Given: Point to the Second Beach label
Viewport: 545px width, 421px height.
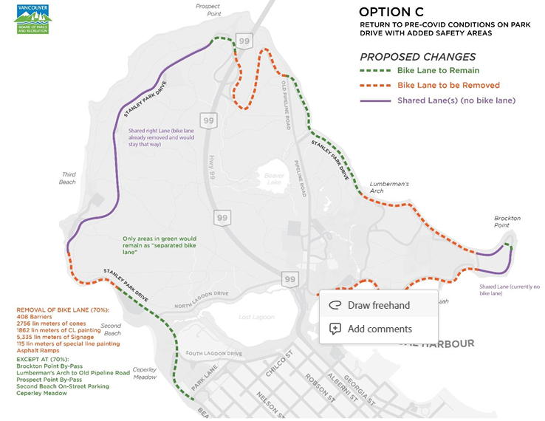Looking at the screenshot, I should click(x=111, y=329).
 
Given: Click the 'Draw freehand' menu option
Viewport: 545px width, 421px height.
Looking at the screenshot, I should click(x=378, y=305).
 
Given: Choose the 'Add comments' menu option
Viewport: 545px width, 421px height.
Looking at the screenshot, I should click(x=379, y=329).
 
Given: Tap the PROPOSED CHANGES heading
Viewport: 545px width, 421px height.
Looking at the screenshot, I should click(x=417, y=57).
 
